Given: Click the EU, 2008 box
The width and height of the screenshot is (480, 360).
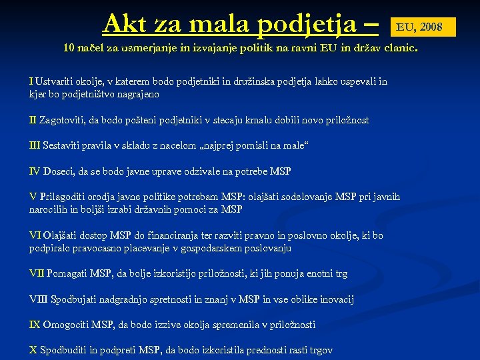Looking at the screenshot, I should (x=419, y=27).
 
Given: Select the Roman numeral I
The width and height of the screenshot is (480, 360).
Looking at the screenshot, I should (x=31, y=81).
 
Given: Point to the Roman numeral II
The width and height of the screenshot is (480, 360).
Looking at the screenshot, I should (x=33, y=121).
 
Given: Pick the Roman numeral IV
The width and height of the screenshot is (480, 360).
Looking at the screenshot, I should (x=35, y=171).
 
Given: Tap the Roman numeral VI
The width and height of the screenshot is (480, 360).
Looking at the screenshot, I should (x=35, y=235).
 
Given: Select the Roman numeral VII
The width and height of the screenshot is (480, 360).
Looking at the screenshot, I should (x=36, y=273).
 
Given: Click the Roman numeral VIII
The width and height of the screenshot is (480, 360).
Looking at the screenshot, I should (x=39, y=299).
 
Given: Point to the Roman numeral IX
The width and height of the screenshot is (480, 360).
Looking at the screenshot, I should (x=35, y=325).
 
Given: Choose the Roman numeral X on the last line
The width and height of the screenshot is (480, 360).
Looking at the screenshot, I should (x=33, y=350).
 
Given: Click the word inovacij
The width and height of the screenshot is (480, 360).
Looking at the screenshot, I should (x=335, y=299).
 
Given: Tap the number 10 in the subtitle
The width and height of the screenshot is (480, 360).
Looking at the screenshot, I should (x=69, y=49).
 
